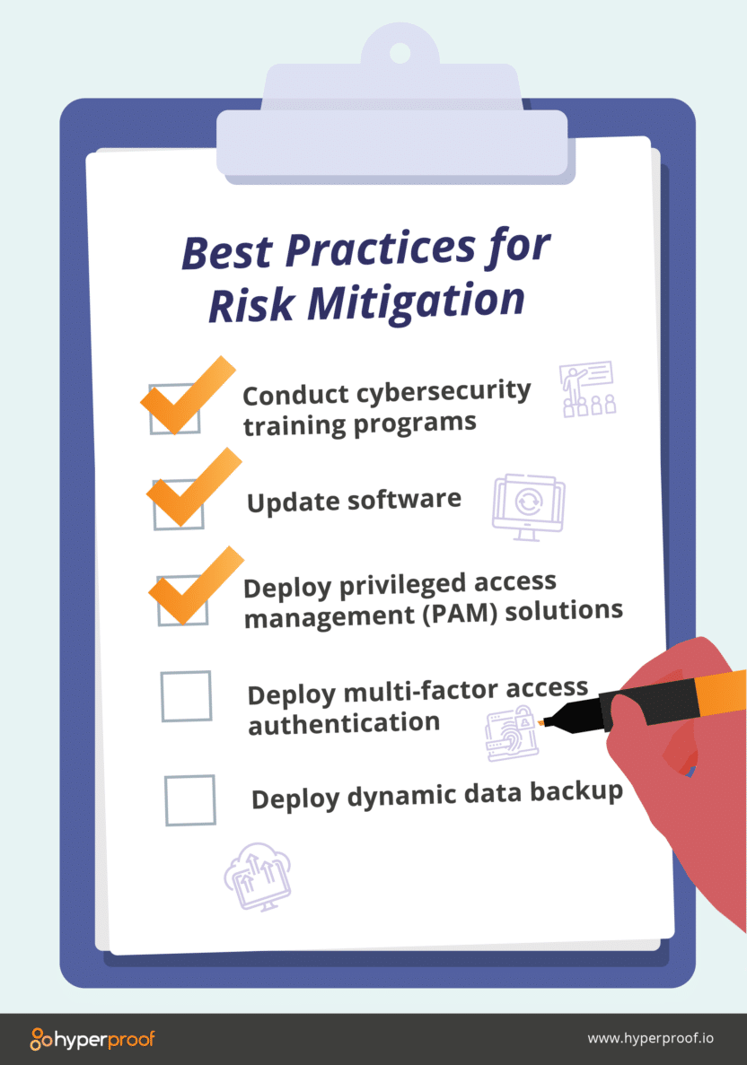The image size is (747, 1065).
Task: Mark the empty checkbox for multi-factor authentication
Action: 186,696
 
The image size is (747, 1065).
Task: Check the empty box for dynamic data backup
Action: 190,800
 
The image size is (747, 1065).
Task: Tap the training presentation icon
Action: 587,389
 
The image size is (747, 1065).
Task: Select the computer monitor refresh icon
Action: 528,506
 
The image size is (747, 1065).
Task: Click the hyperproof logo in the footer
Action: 92,1039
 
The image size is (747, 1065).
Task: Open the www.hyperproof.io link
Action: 650,1039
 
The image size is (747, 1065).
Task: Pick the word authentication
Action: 344,722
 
